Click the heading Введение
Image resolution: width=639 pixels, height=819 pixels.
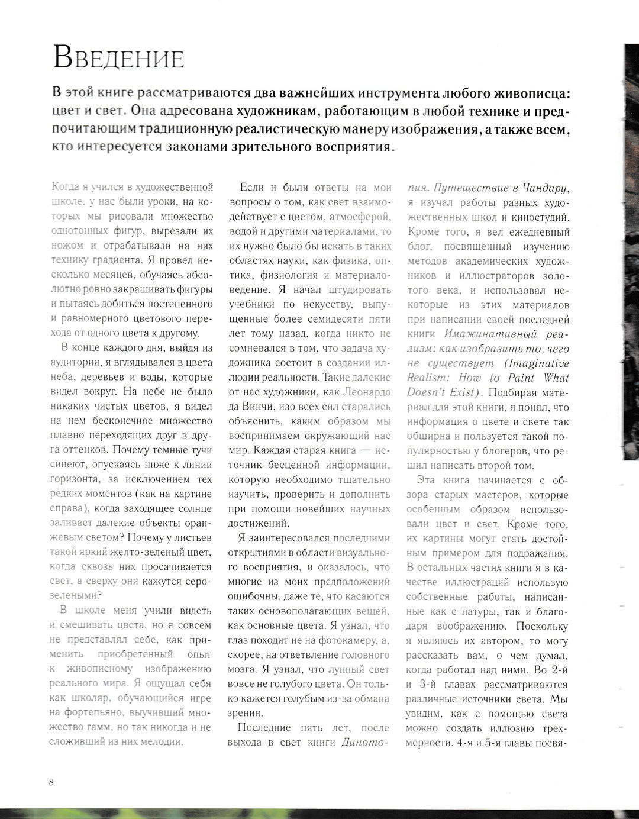click(118, 58)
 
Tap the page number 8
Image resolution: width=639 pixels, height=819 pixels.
click(51, 782)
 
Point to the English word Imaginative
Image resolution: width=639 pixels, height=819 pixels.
click(538, 363)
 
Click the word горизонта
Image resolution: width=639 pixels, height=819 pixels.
click(76, 479)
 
